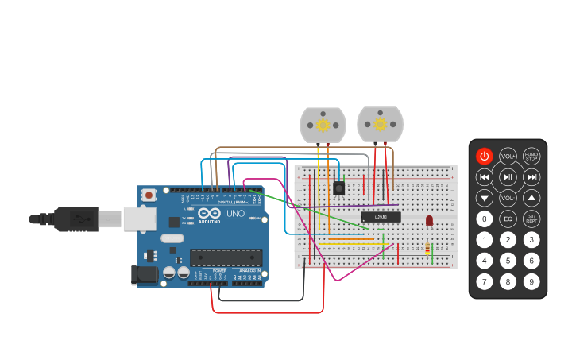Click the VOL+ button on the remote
pos(508,156)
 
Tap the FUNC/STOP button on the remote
pos(532,156)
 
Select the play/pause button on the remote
pos(508,176)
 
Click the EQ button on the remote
pos(508,219)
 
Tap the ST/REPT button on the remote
pos(532,219)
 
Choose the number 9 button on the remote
pos(532,281)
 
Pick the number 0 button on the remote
pos(485,219)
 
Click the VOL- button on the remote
pos(508,198)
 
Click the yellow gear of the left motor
pos(323,125)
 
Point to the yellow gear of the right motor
pos(380,124)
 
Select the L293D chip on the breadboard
pos(381,217)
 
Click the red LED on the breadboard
pos(429,220)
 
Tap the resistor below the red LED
pos(427,249)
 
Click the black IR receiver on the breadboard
pos(338,188)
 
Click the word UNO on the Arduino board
pos(236,214)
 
